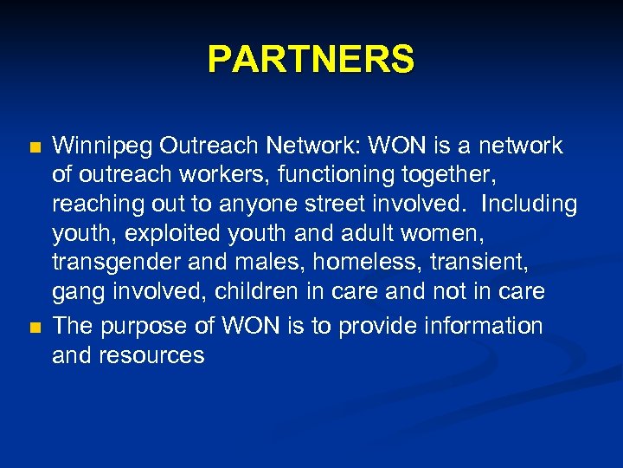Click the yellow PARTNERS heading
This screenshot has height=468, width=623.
311,60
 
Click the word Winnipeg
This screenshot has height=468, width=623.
105,146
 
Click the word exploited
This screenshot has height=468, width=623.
165,233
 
